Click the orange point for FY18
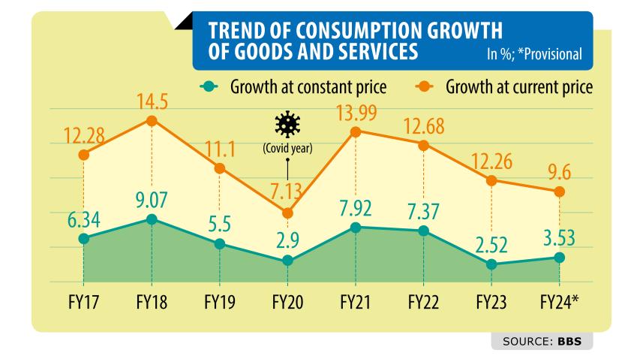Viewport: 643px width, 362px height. pos(152,120)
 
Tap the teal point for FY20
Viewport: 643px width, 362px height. pos(287,261)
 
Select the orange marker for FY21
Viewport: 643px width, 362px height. pos(356,131)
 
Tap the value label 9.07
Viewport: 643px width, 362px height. pos(152,201)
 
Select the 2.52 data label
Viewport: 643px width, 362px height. pos(491,245)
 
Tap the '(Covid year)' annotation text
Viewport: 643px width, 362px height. pos(287,148)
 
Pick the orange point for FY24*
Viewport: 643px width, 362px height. pos(559,192)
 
